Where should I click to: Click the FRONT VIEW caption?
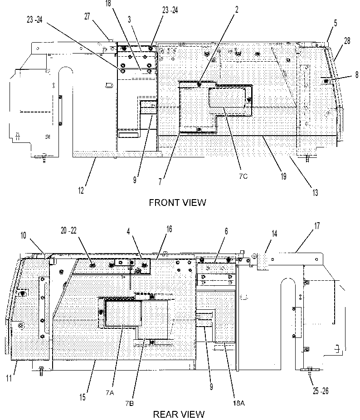coord(177,202)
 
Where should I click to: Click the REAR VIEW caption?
coord(179,415)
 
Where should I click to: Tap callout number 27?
coord(88,16)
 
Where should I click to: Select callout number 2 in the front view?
coord(237,10)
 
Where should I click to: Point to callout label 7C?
coord(243,176)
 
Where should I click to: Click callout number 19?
coord(283,176)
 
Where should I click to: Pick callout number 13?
coord(315,192)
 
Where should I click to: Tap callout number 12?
coord(81,190)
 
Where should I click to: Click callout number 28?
coord(347,41)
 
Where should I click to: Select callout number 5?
coord(336,23)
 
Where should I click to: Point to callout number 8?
coord(357,74)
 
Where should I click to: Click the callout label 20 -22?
coord(68,230)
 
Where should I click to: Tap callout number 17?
coord(317,226)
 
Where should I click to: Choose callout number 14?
coord(274,234)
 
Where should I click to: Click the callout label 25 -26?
coord(321,391)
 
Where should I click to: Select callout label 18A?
coord(238,403)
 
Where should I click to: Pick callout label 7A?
coord(110,393)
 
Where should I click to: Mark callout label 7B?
coord(129,403)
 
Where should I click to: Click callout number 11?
coord(9,378)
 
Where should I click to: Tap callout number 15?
coord(83,397)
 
